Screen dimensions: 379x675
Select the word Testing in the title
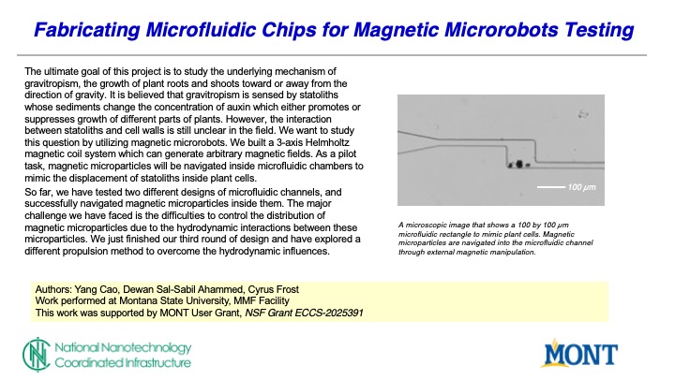pyautogui.click(x=597, y=32)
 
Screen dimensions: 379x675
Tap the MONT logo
pyautogui.click(x=581, y=354)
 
